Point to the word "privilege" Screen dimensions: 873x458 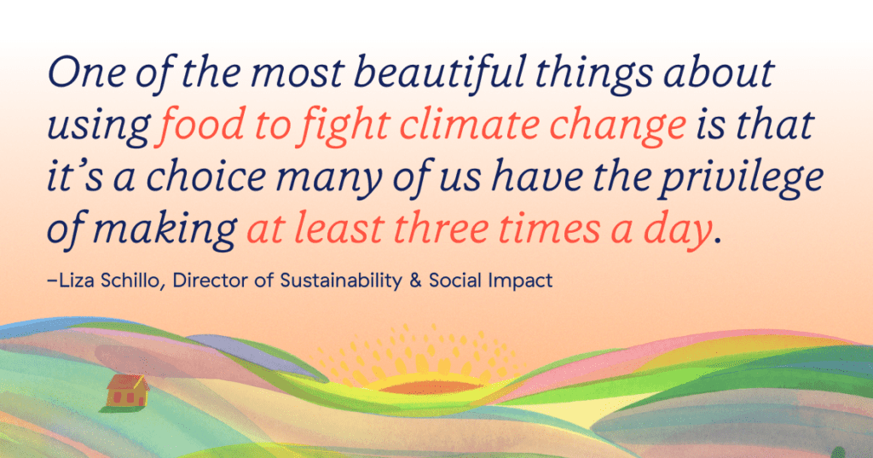coord(741,178)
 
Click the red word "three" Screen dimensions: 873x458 coord(441,229)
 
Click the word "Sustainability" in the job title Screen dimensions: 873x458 coord(341,281)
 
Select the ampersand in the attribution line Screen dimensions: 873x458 coord(415,281)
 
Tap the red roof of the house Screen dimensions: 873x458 coord(128,382)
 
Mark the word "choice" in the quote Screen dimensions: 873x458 coord(206,177)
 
